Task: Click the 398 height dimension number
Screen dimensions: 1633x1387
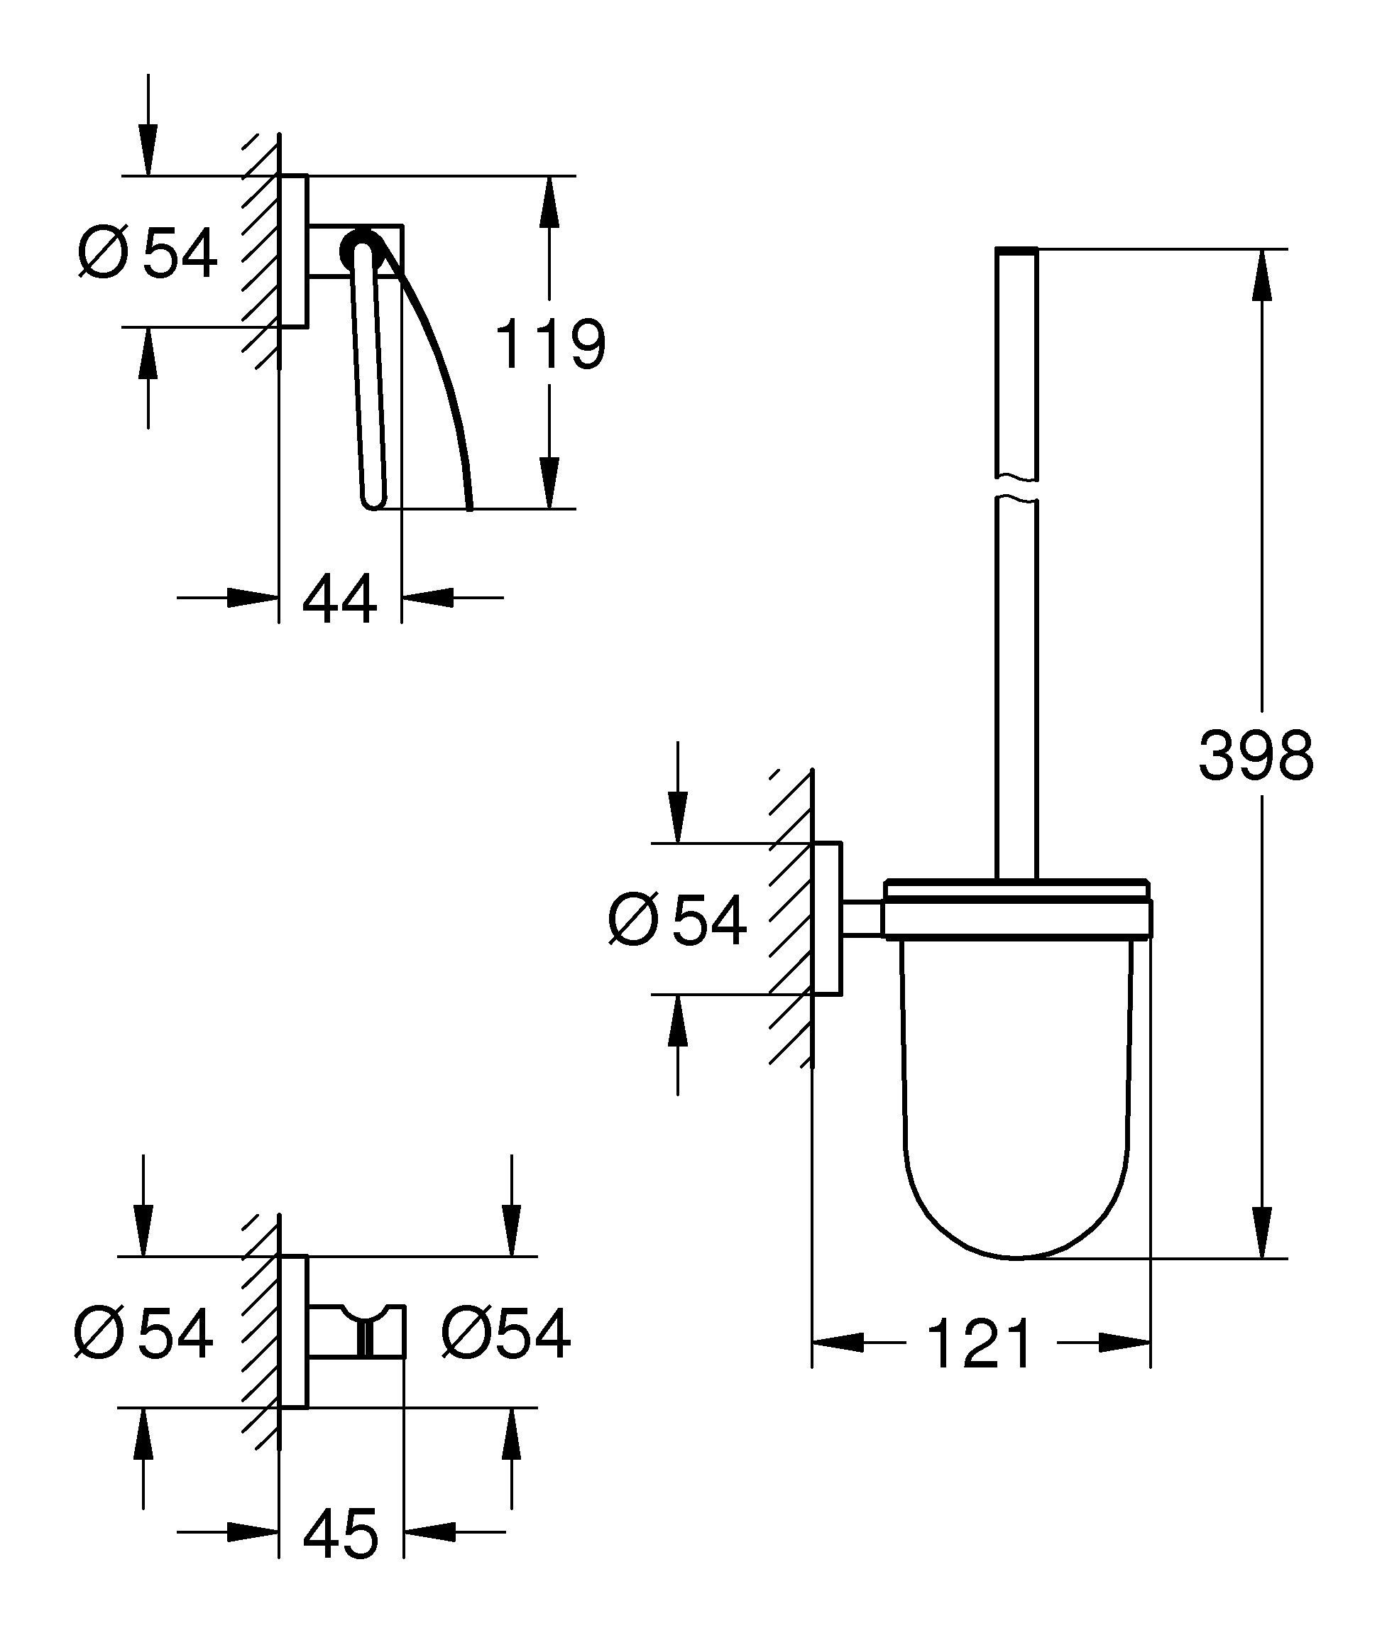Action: pyautogui.click(x=1255, y=756)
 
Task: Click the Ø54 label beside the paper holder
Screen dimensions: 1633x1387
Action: pyautogui.click(x=148, y=253)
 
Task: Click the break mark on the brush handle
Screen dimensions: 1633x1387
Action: pyautogui.click(x=1016, y=488)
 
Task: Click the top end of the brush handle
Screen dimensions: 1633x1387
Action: pyautogui.click(x=1016, y=253)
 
